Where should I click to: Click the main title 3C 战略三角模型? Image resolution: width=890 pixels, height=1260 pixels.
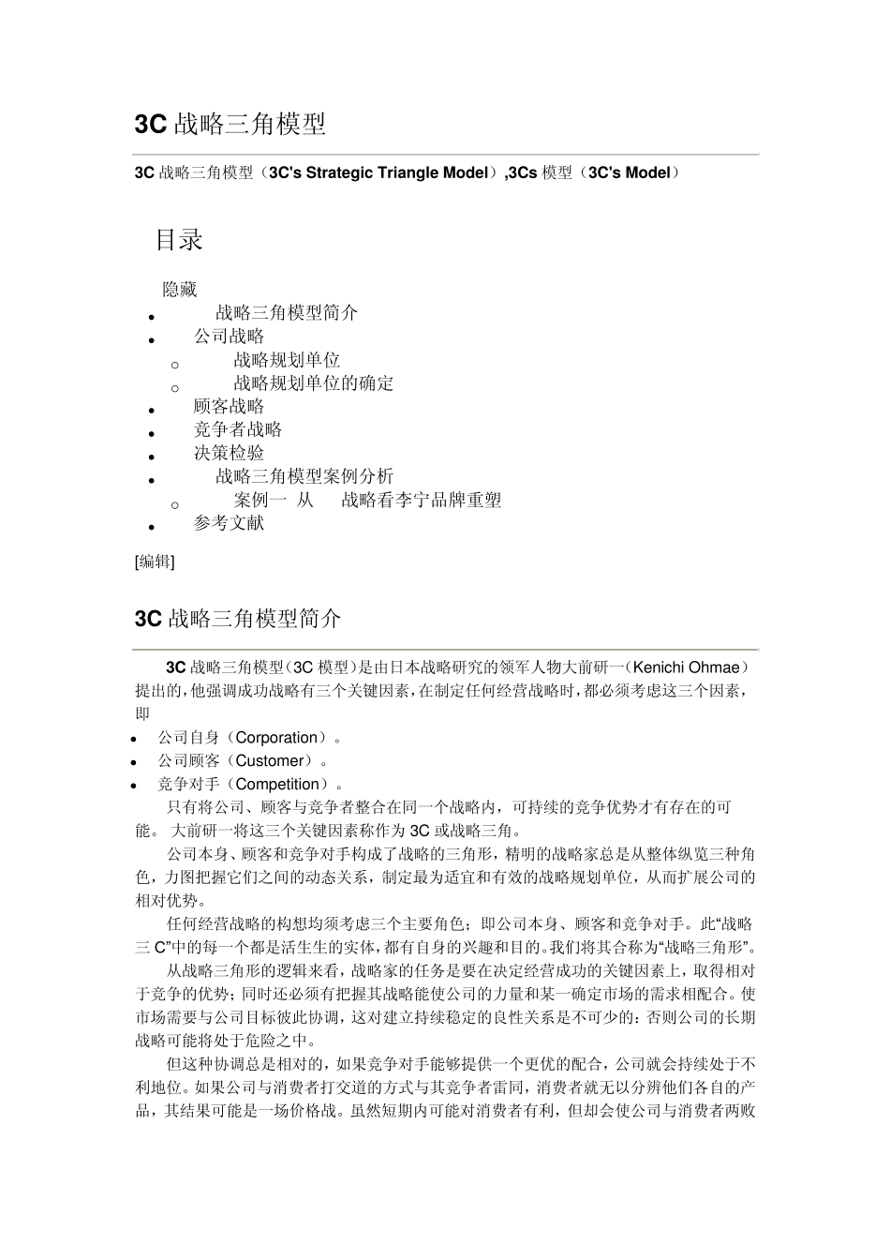click(x=230, y=125)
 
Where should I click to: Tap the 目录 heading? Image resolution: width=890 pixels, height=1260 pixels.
click(x=179, y=240)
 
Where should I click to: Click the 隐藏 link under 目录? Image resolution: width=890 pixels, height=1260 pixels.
click(x=180, y=290)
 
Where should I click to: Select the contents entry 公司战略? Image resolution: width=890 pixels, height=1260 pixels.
click(x=229, y=337)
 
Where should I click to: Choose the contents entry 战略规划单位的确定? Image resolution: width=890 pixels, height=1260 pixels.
click(x=314, y=383)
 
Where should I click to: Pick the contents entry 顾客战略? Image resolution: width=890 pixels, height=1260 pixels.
click(x=229, y=406)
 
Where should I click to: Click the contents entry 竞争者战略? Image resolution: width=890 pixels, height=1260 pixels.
click(x=238, y=429)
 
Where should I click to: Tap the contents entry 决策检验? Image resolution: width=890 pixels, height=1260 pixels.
click(x=229, y=453)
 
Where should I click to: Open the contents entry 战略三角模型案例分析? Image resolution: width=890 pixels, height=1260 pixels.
click(x=304, y=476)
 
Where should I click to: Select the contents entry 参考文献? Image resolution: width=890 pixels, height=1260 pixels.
click(x=229, y=523)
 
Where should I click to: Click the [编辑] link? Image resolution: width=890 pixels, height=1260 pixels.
click(x=155, y=562)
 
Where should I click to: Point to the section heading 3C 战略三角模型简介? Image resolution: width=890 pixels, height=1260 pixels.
click(x=238, y=619)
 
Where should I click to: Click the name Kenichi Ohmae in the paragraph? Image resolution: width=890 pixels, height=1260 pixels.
click(x=689, y=667)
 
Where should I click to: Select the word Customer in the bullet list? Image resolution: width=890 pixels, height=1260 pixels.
click(x=270, y=761)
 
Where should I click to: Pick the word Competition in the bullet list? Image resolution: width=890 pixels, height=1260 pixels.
click(x=277, y=785)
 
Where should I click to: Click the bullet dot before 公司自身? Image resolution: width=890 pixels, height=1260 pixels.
click(x=135, y=740)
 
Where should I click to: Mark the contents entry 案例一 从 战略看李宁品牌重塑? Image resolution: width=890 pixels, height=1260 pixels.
click(x=367, y=501)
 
